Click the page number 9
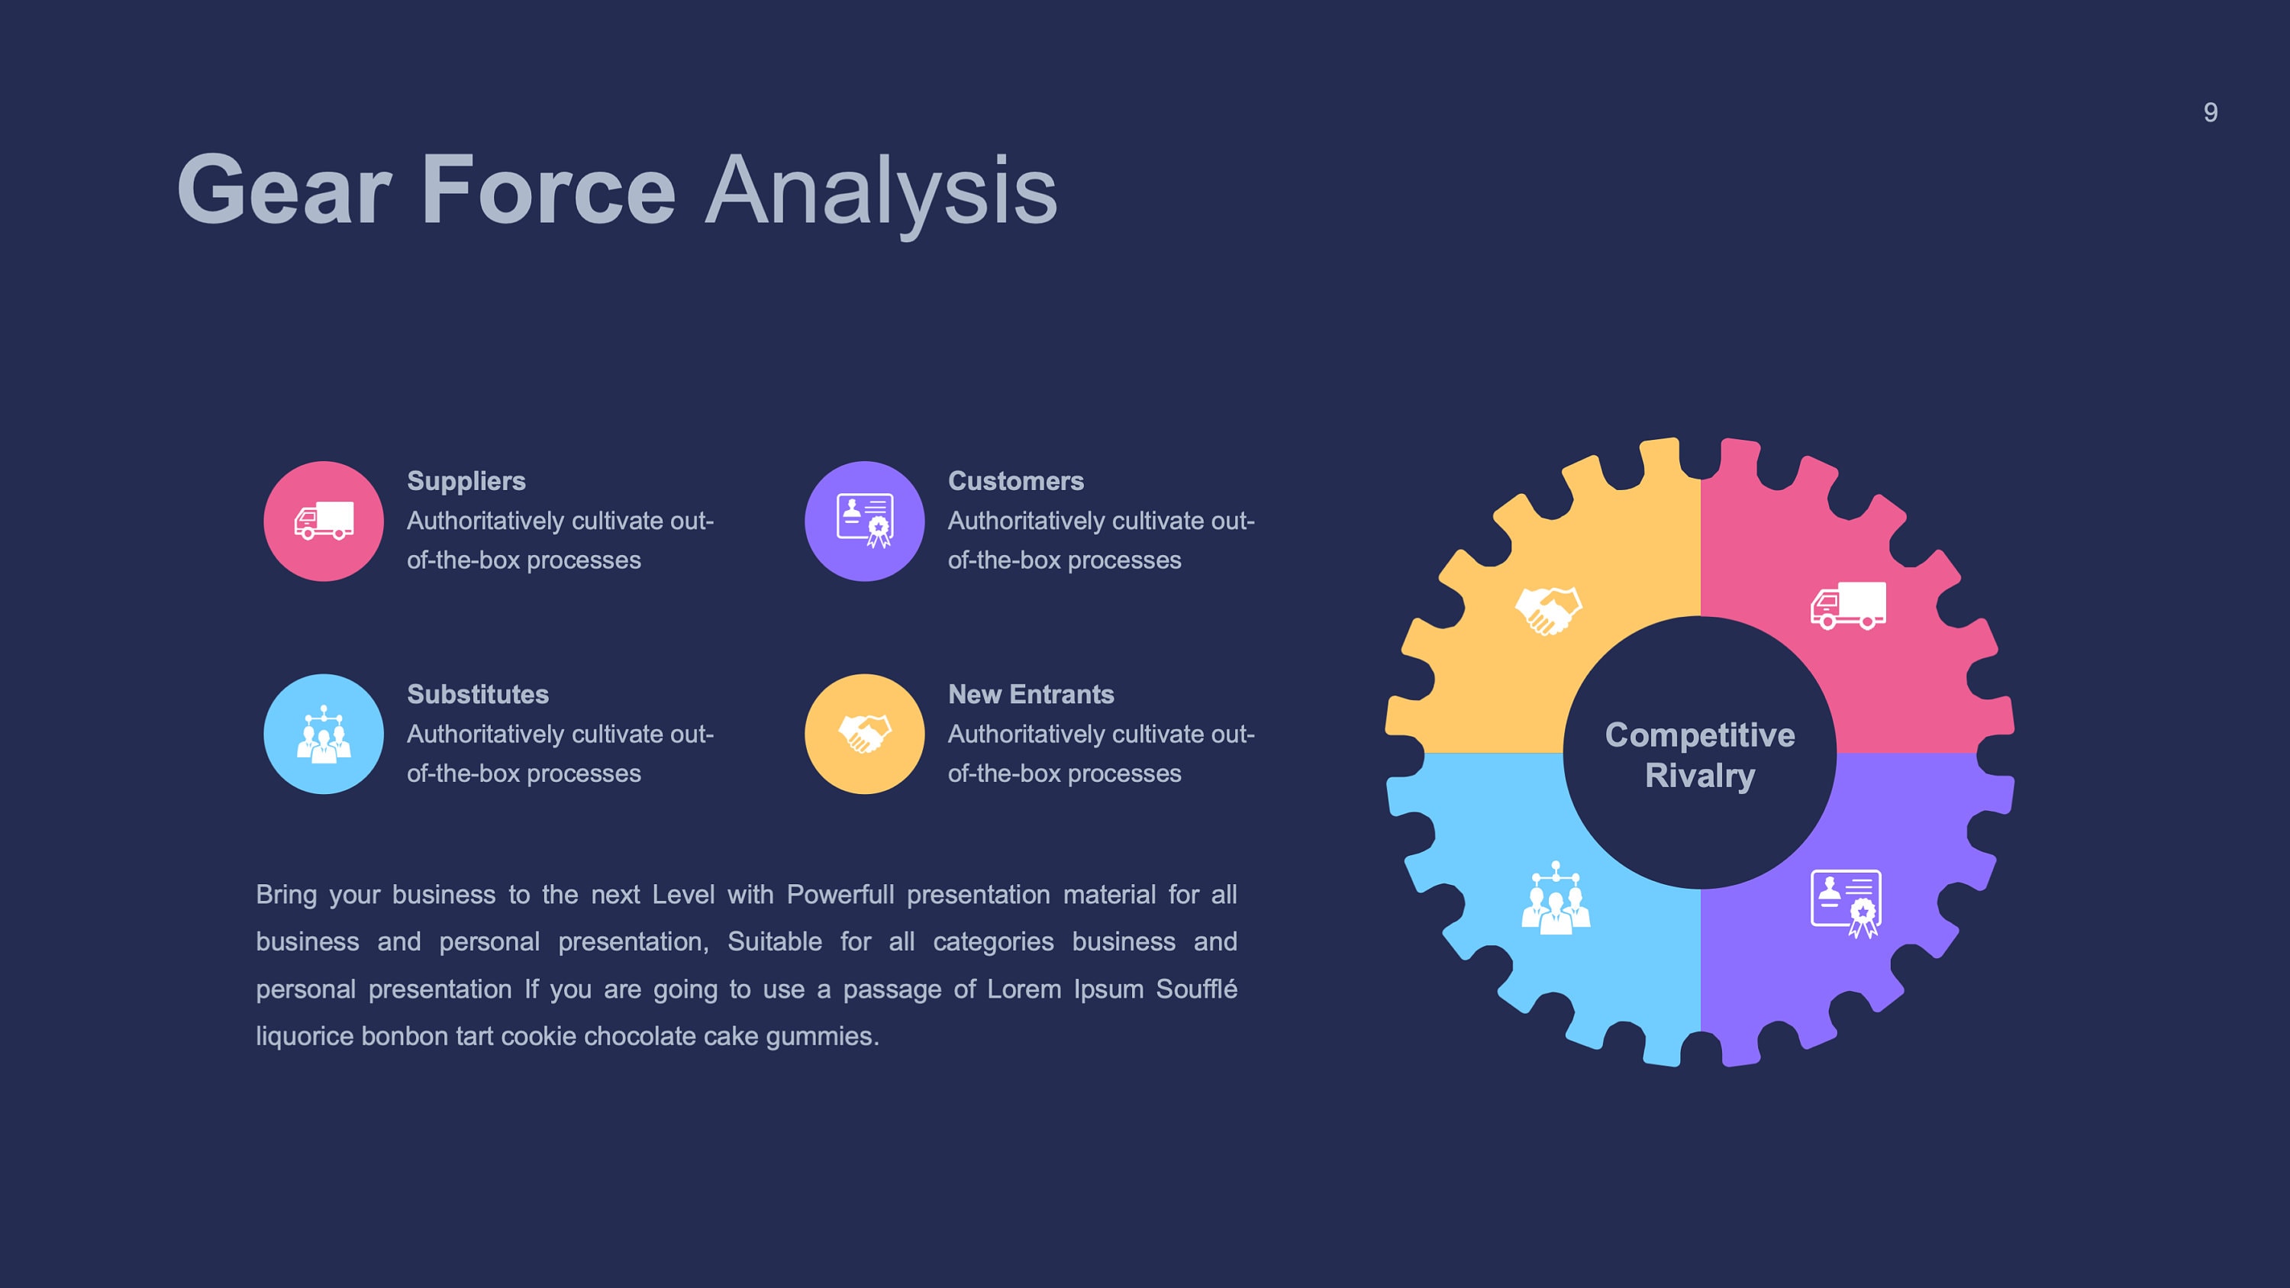click(2210, 113)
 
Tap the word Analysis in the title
click(880, 190)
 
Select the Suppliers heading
click(466, 481)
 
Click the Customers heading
click(1015, 481)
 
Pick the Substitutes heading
click(477, 694)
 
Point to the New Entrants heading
click(1030, 694)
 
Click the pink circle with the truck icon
click(324, 521)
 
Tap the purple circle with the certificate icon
click(864, 521)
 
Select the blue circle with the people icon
click(324, 734)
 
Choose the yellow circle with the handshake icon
click(864, 734)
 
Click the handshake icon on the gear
click(1549, 611)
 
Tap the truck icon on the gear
click(1848, 606)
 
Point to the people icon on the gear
click(1555, 899)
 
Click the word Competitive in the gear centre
click(1700, 735)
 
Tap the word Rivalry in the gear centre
click(1700, 776)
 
